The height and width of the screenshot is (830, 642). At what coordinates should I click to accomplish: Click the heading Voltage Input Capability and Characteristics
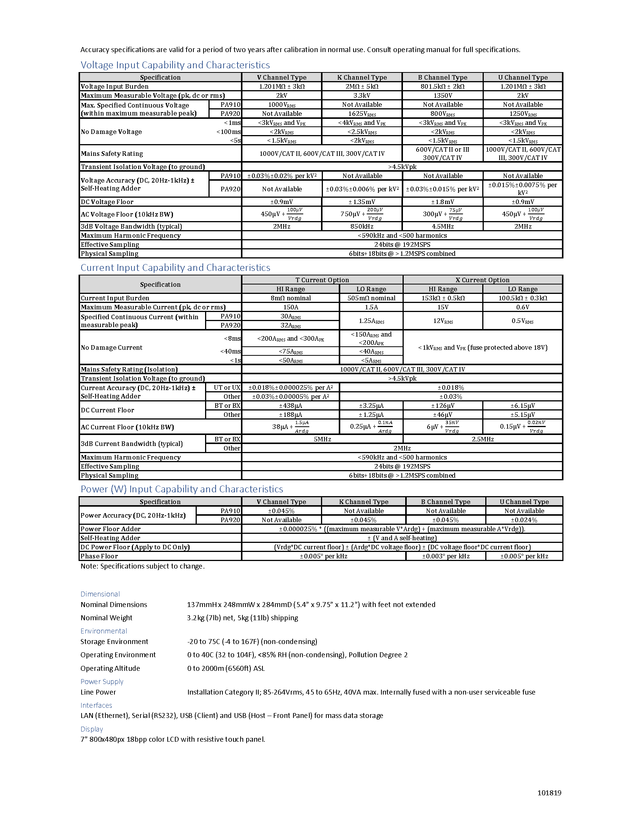[175, 65]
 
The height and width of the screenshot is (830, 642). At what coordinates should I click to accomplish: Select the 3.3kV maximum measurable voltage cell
[362, 95]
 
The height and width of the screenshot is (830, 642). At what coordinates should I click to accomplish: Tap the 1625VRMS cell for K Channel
[362, 114]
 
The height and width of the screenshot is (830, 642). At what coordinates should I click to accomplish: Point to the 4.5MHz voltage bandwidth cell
[443, 226]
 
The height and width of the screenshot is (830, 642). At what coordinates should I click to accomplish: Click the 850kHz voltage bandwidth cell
[362, 226]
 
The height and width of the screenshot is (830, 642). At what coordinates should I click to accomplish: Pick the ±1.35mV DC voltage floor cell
[362, 202]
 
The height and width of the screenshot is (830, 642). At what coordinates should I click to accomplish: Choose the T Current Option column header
[322, 280]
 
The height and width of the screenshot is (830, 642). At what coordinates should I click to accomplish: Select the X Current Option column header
[482, 280]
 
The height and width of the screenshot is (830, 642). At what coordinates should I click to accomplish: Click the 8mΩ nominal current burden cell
[290, 298]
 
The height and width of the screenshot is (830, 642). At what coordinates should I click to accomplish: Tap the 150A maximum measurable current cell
[290, 307]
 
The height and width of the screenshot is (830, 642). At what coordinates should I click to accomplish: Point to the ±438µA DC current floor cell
[290, 406]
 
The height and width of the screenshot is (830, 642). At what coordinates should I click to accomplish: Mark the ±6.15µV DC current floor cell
[523, 406]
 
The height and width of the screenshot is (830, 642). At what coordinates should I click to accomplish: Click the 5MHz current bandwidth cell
[322, 439]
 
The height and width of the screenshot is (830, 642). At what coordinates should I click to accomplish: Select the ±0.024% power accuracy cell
[524, 520]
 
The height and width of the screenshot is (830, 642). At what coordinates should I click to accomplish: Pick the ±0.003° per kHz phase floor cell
[446, 556]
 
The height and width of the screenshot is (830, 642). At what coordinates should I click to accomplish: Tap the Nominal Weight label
[106, 618]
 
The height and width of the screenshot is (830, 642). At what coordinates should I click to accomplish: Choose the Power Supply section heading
[102, 682]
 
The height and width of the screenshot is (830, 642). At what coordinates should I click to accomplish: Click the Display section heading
[92, 729]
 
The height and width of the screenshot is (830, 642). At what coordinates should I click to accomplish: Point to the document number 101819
[549, 793]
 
